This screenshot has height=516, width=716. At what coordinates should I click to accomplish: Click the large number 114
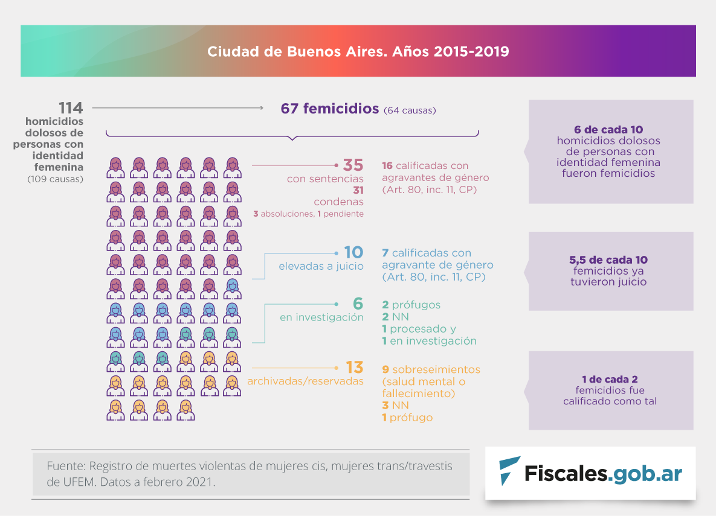point(70,109)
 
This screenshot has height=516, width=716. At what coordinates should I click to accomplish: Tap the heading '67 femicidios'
point(329,109)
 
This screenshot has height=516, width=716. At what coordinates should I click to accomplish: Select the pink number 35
point(353,165)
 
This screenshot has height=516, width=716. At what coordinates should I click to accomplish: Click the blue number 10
point(353,253)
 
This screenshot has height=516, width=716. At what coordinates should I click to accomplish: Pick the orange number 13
point(355,368)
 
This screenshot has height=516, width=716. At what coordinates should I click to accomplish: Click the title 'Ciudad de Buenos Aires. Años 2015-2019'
point(358,51)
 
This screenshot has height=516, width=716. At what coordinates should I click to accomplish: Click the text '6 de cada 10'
point(608,130)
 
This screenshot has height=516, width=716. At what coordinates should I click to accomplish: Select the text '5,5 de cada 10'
point(608,260)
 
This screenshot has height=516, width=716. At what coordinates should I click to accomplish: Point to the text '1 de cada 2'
point(610,380)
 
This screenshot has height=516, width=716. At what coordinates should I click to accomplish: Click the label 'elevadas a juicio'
point(321,266)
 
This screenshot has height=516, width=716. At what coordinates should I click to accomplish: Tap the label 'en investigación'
point(321,317)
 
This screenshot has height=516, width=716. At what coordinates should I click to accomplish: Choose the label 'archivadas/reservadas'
point(305,381)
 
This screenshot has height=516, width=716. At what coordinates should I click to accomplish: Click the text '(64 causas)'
point(410,110)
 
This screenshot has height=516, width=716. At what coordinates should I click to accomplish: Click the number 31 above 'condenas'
point(357,190)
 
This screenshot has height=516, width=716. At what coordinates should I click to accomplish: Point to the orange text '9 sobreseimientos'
point(431,369)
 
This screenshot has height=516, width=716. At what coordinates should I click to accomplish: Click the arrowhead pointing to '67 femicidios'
point(261,109)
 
